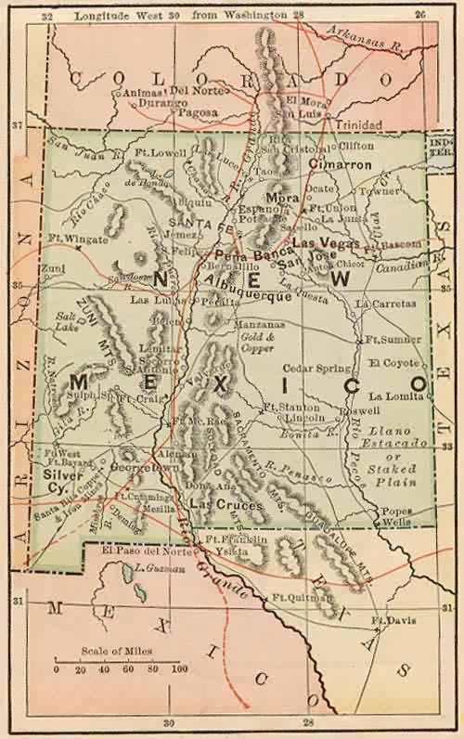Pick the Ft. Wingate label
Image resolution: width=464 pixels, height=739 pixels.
[76, 238]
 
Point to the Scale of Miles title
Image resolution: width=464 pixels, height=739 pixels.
[117, 651]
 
